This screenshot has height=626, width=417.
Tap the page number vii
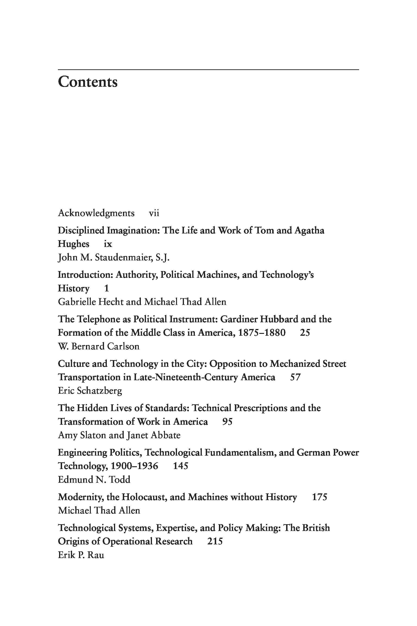pyautogui.click(x=154, y=213)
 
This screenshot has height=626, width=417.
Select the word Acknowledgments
pyautogui.click(x=96, y=213)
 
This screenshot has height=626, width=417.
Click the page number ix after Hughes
pyautogui.click(x=108, y=244)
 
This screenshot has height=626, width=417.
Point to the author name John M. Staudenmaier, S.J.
pyautogui.click(x=114, y=257)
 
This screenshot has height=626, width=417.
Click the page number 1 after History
pyautogui.click(x=106, y=288)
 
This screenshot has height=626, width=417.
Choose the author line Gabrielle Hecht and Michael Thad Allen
pyautogui.click(x=142, y=302)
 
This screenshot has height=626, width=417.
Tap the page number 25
pyautogui.click(x=305, y=333)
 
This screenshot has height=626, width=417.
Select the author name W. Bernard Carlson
pyautogui.click(x=99, y=346)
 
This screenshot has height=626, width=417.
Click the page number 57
pyautogui.click(x=295, y=377)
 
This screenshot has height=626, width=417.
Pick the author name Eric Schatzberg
pyautogui.click(x=90, y=391)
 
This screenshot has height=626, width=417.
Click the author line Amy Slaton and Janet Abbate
pyautogui.click(x=119, y=435)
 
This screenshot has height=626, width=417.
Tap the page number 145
pyautogui.click(x=180, y=466)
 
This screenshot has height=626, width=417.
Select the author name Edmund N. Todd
pyautogui.click(x=94, y=480)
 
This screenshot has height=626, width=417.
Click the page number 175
pyautogui.click(x=319, y=497)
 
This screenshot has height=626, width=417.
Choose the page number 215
pyautogui.click(x=215, y=541)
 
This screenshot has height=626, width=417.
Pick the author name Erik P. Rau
pyautogui.click(x=81, y=555)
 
